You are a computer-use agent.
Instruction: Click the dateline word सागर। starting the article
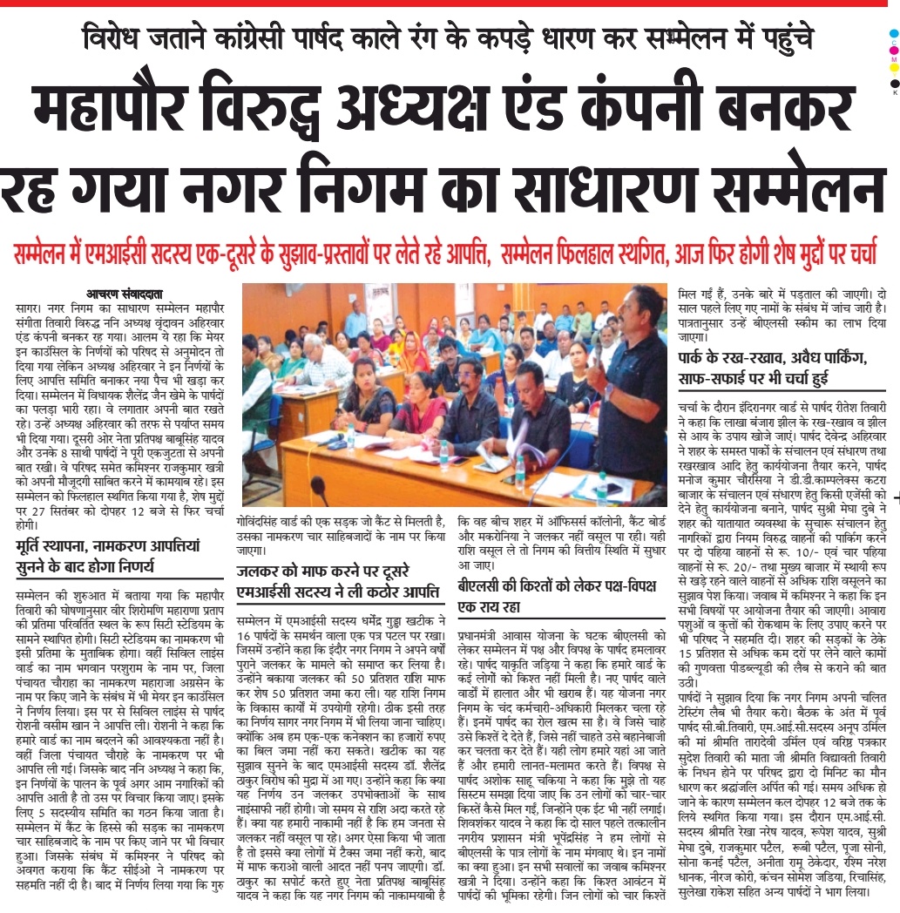coord(30,308)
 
